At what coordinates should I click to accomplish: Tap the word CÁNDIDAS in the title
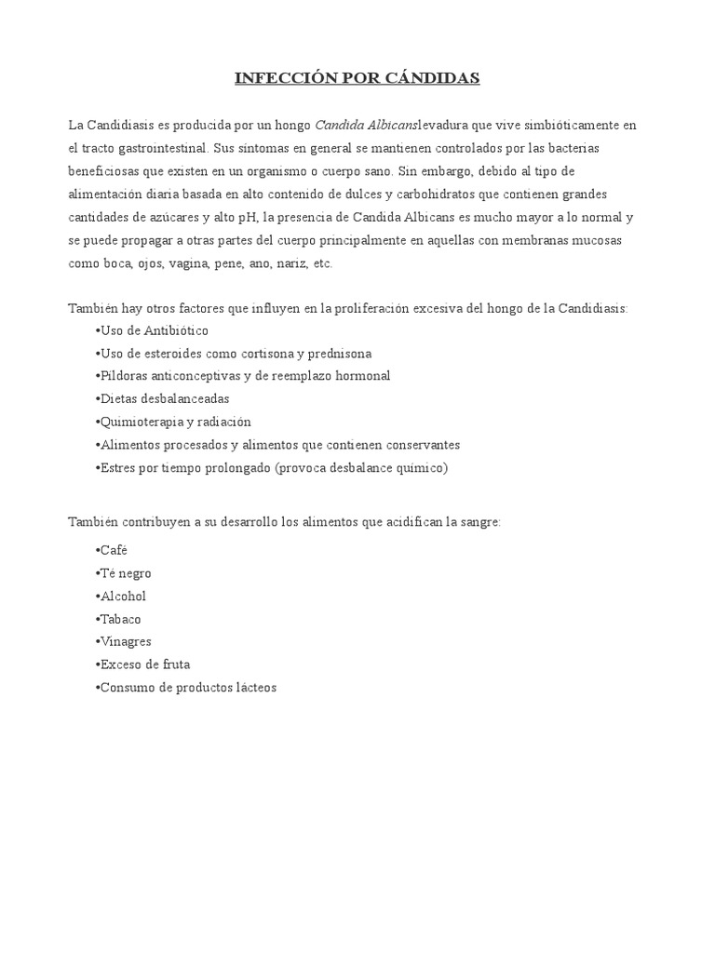[x=434, y=78]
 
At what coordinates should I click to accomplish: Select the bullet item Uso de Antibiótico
[x=153, y=331]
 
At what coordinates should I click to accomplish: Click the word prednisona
[x=340, y=354]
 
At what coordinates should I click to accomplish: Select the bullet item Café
[x=112, y=551]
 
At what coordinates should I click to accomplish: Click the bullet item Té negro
[x=124, y=573]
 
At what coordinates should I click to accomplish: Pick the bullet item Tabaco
[x=119, y=619]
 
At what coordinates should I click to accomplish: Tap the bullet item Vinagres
[x=124, y=642]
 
